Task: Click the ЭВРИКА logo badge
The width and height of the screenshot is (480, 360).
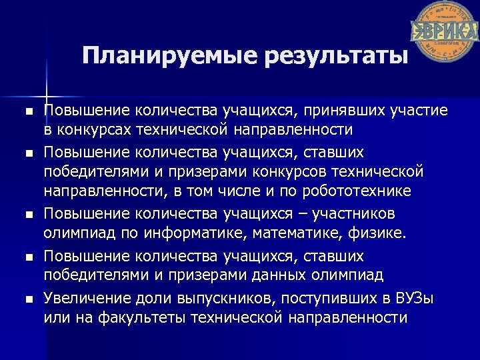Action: click(444, 31)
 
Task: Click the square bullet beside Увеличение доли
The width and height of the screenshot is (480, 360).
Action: click(27, 299)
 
